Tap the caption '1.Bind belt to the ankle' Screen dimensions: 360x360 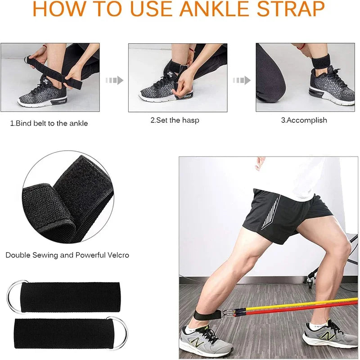49,123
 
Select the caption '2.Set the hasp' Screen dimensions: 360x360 175,120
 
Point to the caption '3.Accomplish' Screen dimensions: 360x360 304,120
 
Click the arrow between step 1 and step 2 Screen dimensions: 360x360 114,81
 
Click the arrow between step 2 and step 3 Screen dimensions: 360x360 242,81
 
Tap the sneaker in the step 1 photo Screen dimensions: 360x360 43,92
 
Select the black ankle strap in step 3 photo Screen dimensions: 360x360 320,61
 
